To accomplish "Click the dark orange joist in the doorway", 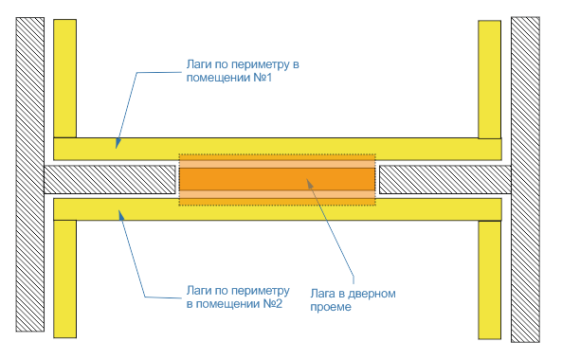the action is [277, 179].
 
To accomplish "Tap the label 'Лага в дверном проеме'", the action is [353, 300].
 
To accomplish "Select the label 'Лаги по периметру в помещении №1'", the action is [243, 71].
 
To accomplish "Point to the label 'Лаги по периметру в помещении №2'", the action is [238, 297].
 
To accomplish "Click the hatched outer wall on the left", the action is [30, 174].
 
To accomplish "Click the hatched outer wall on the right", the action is [525, 179].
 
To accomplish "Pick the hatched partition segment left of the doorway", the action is [110, 179].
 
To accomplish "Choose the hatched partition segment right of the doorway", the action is [445, 179].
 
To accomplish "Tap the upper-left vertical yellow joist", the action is [64, 79].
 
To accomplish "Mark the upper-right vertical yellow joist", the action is [490, 80].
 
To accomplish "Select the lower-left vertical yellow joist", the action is [64, 279].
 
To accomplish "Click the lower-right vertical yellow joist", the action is [490, 280].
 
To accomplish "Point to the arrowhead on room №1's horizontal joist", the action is [118, 144].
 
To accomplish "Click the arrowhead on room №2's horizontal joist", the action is [121, 215].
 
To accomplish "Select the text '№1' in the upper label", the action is [263, 78].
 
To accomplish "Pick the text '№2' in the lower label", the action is [273, 304].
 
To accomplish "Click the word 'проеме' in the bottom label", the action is [331, 307].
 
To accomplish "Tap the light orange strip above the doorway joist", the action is [277, 161].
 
